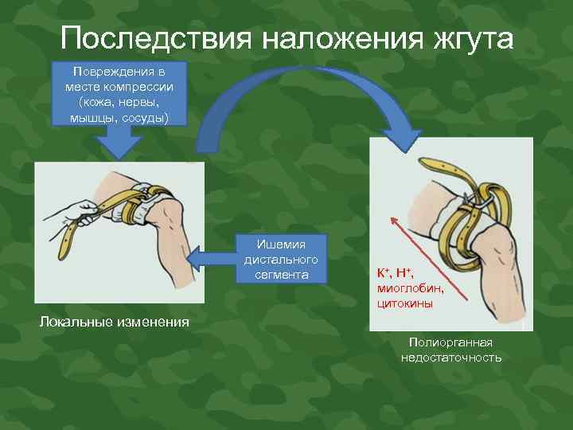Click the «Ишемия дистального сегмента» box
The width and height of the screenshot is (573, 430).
coord(281,260)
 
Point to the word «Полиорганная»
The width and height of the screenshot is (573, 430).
coord(451,342)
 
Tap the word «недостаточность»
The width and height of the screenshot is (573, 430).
coord(451,358)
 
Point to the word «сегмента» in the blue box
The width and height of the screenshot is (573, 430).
coord(280,275)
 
